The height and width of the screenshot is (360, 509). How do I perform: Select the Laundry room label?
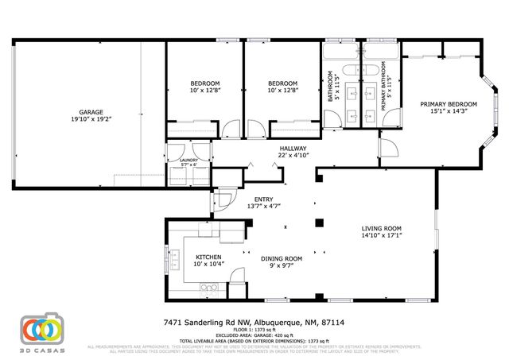188,160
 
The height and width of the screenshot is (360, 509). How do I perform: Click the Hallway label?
293,149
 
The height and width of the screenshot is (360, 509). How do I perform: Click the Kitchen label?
208,257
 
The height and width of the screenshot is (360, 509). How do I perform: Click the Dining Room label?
282,257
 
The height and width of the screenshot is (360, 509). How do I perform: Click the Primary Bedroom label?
449,104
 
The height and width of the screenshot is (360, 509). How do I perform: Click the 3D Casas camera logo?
41,327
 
